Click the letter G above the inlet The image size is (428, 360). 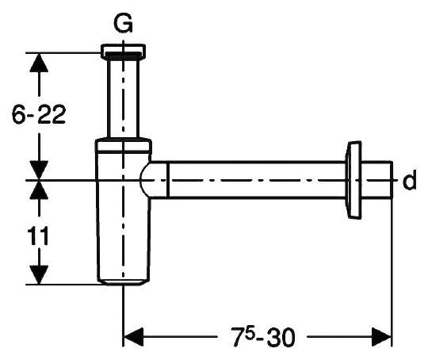point(123,23)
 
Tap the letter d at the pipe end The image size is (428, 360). point(409,179)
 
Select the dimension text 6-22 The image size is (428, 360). point(39,114)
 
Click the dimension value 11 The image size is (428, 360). point(38,236)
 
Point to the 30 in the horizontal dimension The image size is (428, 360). point(281,337)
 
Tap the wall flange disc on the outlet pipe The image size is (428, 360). point(353,180)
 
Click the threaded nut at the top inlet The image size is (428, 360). point(123,52)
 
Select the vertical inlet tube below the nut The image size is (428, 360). point(123,98)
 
